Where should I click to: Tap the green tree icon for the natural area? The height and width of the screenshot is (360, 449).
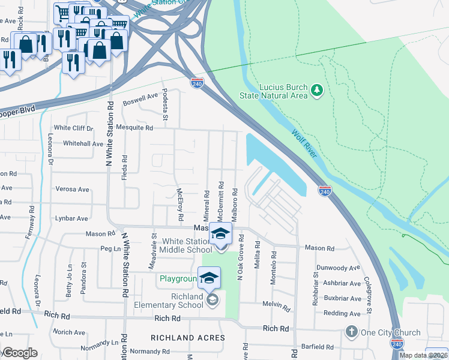tap(317, 91)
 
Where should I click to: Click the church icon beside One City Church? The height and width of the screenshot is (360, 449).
tap(351, 332)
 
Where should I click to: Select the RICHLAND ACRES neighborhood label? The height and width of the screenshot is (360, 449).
tap(188, 338)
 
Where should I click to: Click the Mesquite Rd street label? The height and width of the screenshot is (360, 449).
tap(137, 127)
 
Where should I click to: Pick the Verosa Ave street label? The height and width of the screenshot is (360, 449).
tap(72, 189)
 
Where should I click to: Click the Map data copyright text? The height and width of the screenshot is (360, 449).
tap(423, 355)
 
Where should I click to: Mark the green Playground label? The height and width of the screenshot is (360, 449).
tap(178, 279)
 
